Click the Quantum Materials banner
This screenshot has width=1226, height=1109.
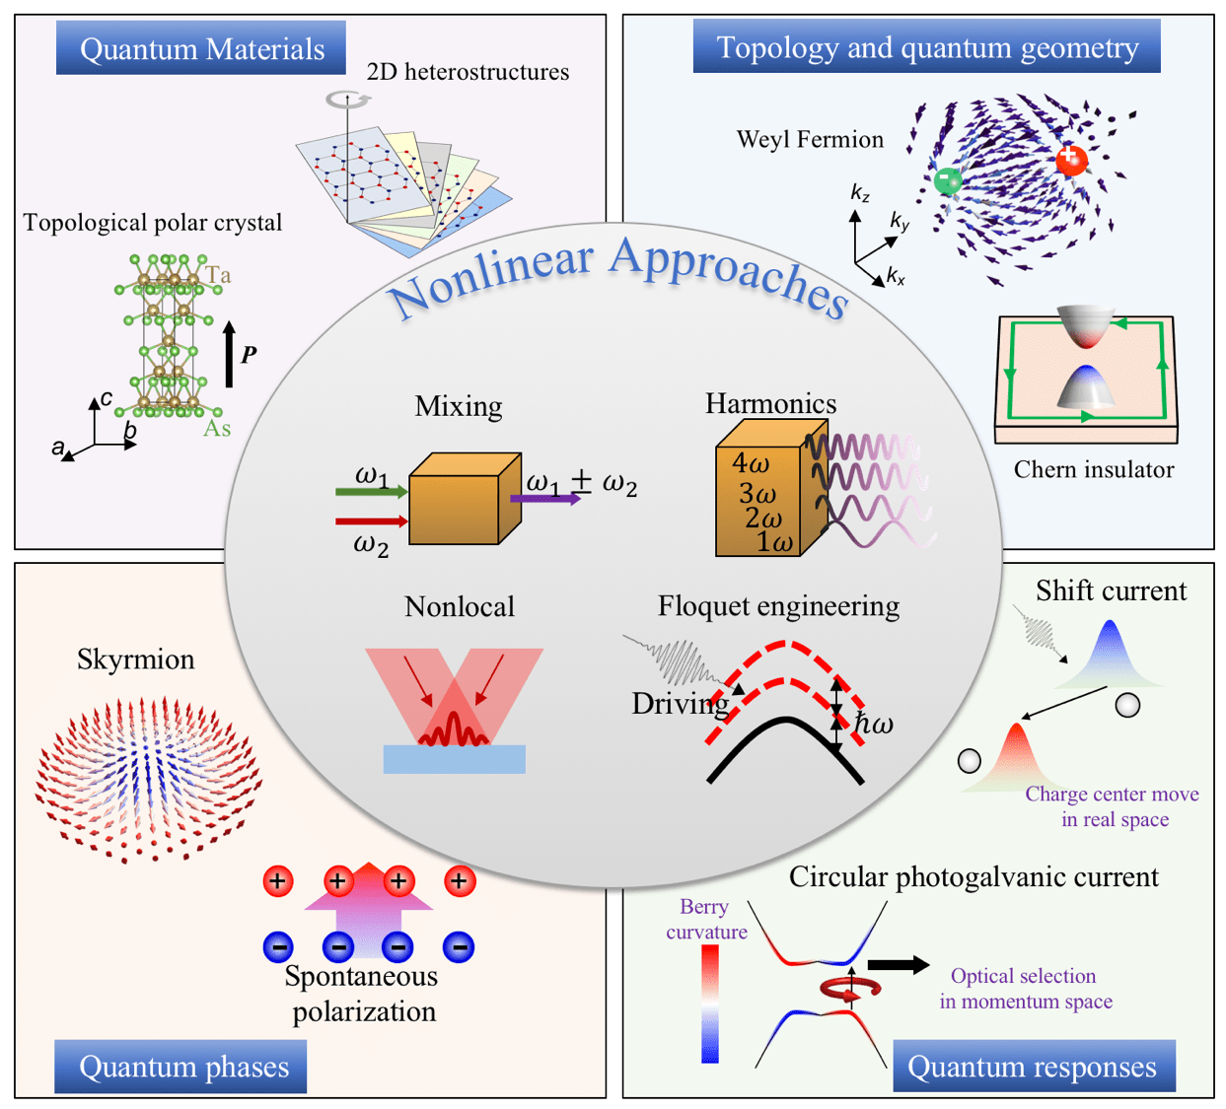click(201, 48)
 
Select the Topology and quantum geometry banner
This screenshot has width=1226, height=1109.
click(926, 46)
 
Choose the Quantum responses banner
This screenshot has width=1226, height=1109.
click(1032, 1067)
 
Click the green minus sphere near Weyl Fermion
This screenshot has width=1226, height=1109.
click(948, 181)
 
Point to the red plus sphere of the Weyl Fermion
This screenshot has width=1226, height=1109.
click(1071, 159)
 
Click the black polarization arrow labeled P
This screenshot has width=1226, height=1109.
click(230, 354)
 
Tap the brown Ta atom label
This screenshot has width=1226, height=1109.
click(218, 275)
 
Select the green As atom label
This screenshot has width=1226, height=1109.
click(217, 429)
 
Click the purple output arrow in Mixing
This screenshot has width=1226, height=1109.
click(545, 499)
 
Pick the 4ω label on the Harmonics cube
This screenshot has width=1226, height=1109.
click(752, 462)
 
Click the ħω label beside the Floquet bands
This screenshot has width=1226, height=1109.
click(874, 725)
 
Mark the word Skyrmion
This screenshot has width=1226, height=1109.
click(136, 659)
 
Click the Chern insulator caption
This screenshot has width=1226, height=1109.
click(1094, 469)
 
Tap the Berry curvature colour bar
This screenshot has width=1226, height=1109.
click(710, 1004)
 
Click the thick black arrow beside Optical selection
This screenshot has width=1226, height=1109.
click(898, 965)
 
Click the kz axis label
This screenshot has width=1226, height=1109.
click(860, 194)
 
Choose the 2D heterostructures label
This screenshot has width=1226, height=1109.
click(468, 72)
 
